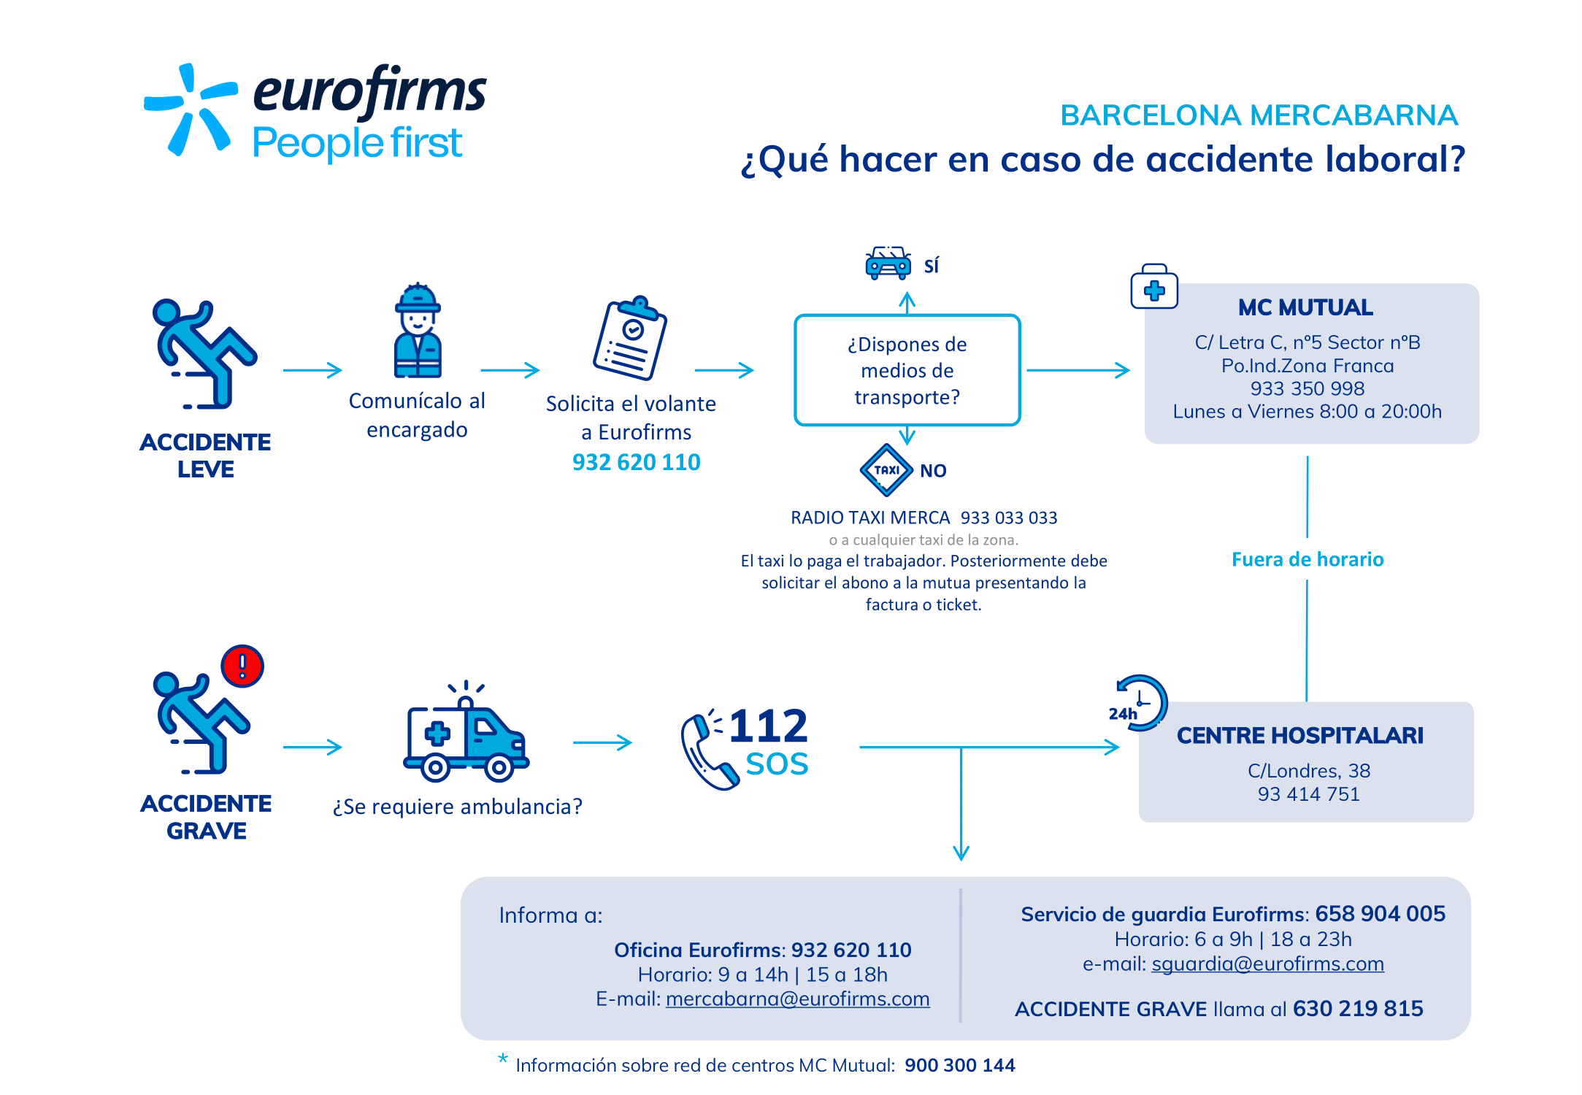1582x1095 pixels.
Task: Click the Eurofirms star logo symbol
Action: click(191, 109)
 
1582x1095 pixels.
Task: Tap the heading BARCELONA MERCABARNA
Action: click(1259, 115)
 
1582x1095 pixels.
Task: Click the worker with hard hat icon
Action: click(418, 330)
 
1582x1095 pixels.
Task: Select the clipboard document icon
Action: click(630, 338)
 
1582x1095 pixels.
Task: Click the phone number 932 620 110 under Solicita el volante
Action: click(636, 462)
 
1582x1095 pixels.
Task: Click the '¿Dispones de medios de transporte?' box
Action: click(907, 370)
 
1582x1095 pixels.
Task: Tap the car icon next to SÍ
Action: click(888, 263)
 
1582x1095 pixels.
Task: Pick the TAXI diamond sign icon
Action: click(886, 470)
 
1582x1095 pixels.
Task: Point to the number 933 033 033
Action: click(1009, 518)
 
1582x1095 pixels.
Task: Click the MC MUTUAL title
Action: click(1305, 307)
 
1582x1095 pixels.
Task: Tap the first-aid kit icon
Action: click(1154, 286)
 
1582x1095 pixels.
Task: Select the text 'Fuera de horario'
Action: click(1308, 559)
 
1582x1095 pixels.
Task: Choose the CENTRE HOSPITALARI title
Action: click(1300, 735)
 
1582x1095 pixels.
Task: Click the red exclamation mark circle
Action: click(242, 666)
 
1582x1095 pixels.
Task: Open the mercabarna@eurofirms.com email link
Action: click(798, 999)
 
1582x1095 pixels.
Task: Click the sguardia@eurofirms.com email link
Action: click(1268, 964)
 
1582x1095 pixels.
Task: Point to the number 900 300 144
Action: click(960, 1065)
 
